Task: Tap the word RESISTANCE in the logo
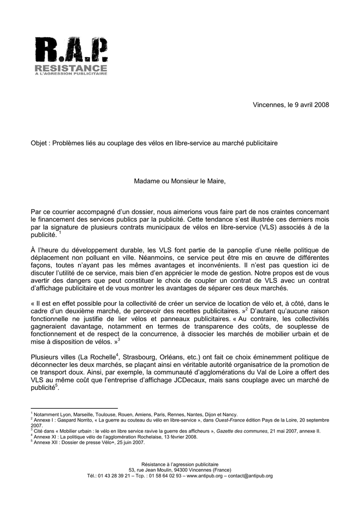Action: (71, 68)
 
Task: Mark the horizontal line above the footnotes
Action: (74, 408)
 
